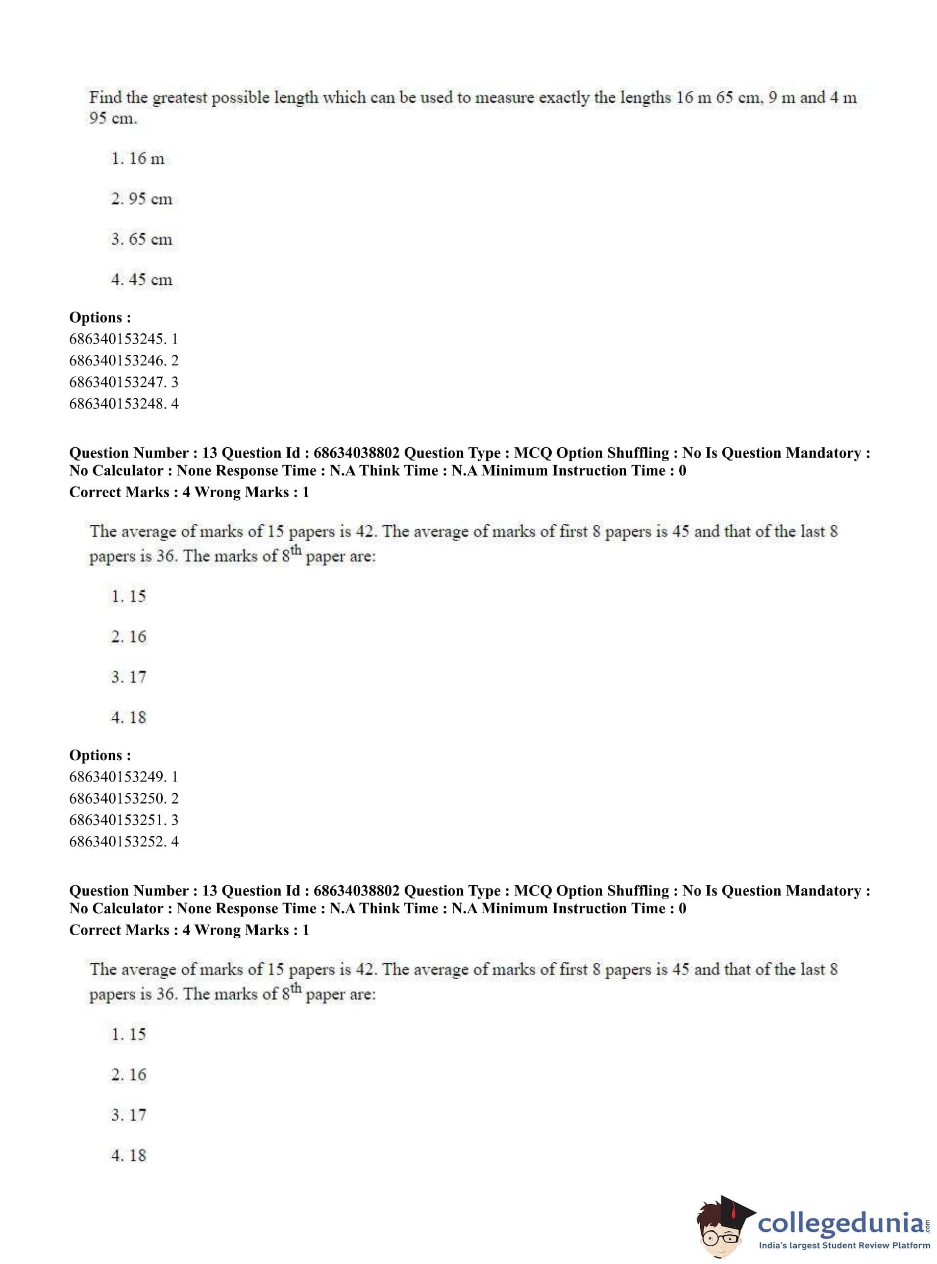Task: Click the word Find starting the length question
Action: [106, 98]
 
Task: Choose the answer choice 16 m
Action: [138, 158]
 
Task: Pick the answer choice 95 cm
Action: [142, 199]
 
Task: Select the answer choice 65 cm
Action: [142, 239]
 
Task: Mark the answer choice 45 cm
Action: [142, 279]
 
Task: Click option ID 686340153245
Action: [117, 338]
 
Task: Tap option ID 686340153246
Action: [117, 360]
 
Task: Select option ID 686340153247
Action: [117, 382]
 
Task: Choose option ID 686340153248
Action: [117, 403]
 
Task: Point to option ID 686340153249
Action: [117, 776]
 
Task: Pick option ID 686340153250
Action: [117, 798]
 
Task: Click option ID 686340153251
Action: [117, 820]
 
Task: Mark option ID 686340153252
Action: [117, 841]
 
